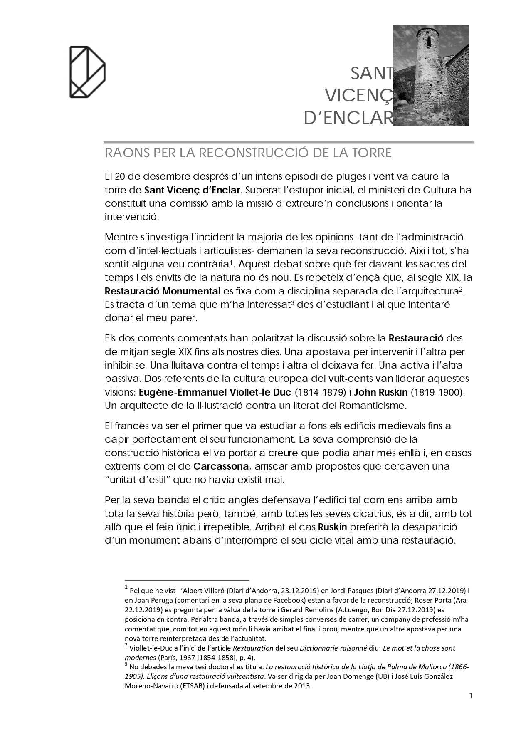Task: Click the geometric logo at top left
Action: tap(87, 72)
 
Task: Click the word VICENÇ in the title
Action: tap(358, 96)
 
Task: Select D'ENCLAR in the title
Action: tap(348, 119)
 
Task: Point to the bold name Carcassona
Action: tap(221, 466)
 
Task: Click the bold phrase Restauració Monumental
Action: tap(163, 290)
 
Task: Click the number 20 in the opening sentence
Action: tap(121, 176)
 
